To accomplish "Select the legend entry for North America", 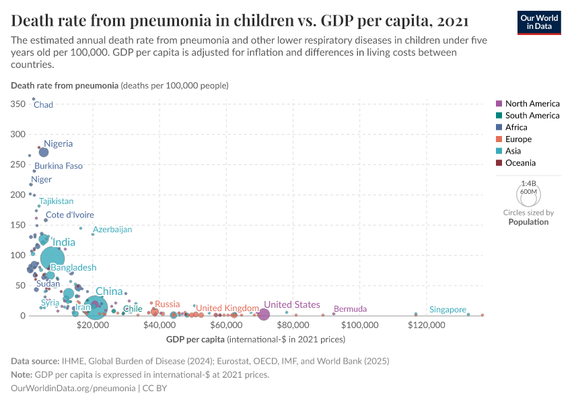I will click(532, 104).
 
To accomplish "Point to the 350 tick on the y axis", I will click(18, 104).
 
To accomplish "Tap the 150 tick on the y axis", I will click(18, 225).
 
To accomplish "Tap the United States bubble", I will click(264, 314).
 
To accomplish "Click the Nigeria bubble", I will click(44, 152).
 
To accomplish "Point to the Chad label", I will click(43, 105).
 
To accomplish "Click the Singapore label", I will click(448, 310).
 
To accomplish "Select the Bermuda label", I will click(350, 309).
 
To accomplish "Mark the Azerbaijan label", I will click(112, 230).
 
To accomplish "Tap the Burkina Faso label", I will click(59, 166).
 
